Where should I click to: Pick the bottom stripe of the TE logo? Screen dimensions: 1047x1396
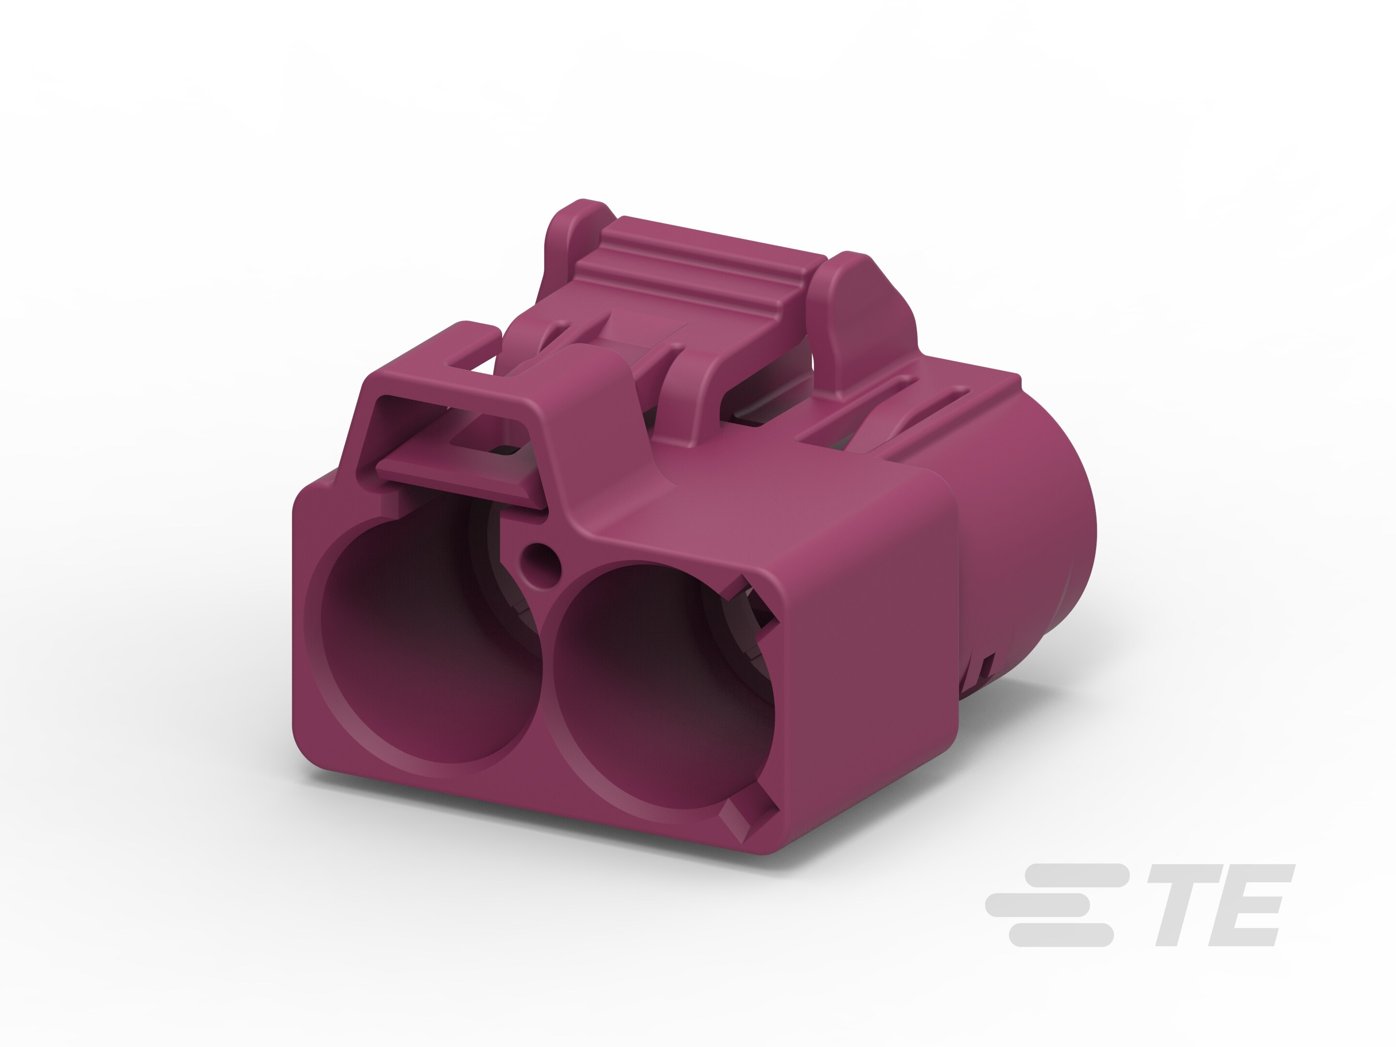coord(1060,935)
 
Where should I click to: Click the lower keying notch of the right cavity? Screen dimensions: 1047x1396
coord(754,821)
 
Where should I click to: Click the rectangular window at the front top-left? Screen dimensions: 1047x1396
coord(442,429)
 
